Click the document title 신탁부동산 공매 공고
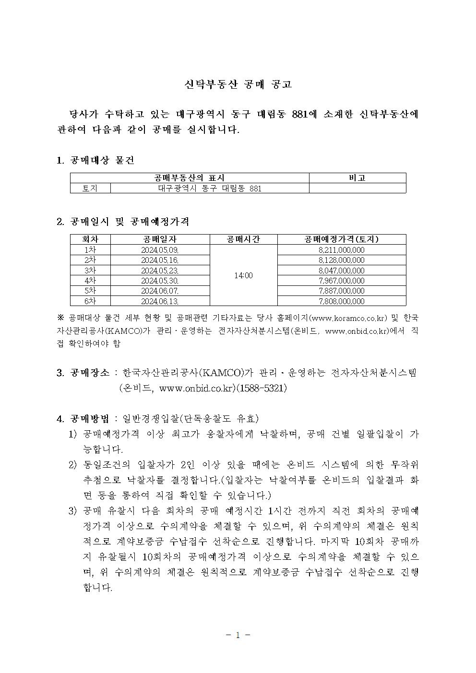tap(238, 84)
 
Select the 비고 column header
tap(357, 178)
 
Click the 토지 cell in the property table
tap(90, 189)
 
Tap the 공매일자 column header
tap(160, 239)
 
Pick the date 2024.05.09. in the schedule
tap(160, 250)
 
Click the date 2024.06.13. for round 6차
tap(160, 301)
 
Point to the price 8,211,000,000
tap(341, 250)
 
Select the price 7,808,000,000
tap(341, 301)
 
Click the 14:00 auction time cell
tap(243, 275)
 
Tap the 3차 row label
tap(90, 271)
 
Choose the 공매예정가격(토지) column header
tap(341, 239)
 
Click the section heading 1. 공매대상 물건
tap(95, 160)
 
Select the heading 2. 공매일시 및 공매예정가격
tap(122, 222)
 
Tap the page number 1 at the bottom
tap(238, 635)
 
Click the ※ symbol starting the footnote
tap(61, 318)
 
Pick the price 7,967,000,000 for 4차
tap(341, 281)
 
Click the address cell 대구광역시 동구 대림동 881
tap(210, 189)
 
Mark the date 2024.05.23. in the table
tap(160, 271)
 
